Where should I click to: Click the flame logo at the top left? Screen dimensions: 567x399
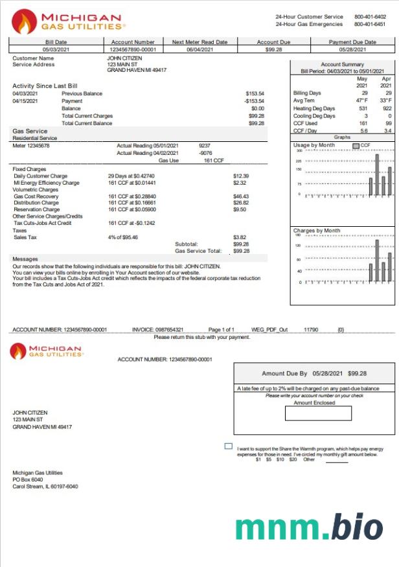[24, 21]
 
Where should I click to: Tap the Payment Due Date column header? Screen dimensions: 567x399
[352, 42]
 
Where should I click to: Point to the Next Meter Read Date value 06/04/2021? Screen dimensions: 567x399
[199, 49]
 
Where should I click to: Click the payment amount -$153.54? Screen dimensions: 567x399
[254, 101]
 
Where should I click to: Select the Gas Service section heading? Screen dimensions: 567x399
[30, 131]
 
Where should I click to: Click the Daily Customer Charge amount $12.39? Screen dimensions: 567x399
[241, 176]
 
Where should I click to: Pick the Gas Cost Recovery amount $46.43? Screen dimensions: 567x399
[241, 196]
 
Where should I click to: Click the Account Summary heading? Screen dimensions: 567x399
[343, 65]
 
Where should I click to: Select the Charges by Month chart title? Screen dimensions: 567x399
[317, 230]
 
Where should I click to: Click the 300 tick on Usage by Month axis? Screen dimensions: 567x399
[299, 151]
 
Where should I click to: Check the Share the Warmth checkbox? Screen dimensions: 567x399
[228, 446]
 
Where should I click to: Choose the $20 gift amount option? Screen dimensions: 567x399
[293, 459]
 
